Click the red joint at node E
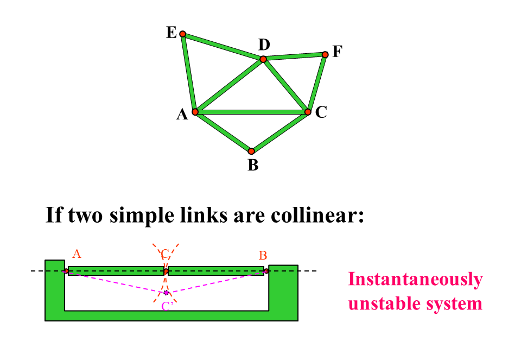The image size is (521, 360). tap(183, 34)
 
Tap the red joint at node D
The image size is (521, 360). tap(263, 59)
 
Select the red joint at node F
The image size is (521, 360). tap(325, 54)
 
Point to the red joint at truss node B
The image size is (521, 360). tap(251, 151)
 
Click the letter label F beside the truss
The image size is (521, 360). tap(338, 52)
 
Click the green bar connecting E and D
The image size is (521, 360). tap(223, 47)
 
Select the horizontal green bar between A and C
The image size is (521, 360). tap(251, 112)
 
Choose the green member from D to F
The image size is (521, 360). tap(294, 56)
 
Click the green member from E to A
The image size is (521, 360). tap(189, 73)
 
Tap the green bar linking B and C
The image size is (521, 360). tap(279, 132)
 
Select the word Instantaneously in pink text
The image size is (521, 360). tap(415, 279)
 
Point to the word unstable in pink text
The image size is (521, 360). tap(383, 302)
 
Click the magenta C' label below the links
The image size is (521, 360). tap(167, 306)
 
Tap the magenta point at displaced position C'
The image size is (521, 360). tap(166, 293)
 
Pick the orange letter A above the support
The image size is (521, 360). tap(77, 254)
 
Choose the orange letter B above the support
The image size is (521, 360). tap(263, 255)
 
